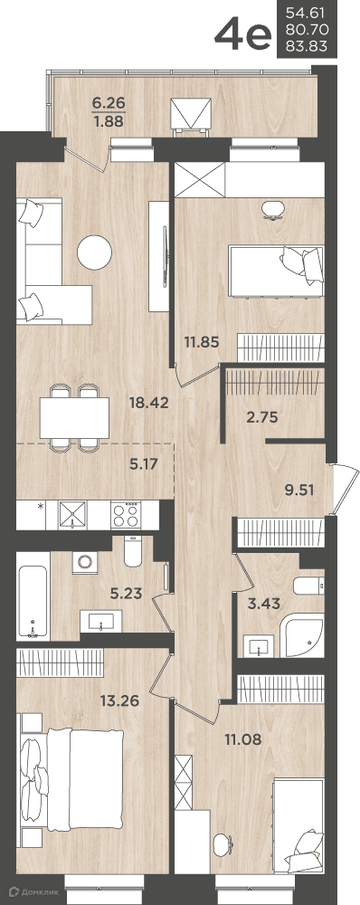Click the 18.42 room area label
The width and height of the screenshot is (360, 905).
pos(150,403)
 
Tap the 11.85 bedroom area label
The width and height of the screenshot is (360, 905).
pos(202,342)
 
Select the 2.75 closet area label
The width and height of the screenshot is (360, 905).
pos(263,416)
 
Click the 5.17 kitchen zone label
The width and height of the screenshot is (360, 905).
pos(144,462)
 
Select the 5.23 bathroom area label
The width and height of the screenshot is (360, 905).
pos(126,593)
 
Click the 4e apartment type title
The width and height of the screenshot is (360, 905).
pos(242,36)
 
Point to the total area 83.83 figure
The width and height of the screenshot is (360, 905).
pos(308,48)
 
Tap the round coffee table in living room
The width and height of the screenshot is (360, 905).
pos(94,252)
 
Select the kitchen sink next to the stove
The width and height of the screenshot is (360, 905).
pos(72,514)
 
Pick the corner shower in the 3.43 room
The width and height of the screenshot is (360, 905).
pos(305,638)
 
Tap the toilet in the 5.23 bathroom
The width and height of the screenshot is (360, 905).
pos(133,550)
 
